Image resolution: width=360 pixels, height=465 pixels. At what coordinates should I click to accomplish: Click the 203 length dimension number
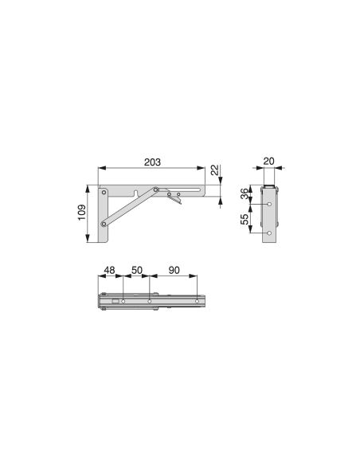[x=152, y=162]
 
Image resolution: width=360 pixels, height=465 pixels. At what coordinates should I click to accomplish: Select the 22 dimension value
[x=214, y=171]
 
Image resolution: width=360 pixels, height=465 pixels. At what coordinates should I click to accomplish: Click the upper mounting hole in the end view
[x=269, y=204]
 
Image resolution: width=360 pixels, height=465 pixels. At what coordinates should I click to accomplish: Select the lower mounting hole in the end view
[x=269, y=233]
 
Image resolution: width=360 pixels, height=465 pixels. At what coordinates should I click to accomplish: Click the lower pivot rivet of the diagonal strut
[x=105, y=225]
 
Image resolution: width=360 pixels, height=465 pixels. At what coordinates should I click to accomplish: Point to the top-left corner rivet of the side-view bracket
[x=105, y=192]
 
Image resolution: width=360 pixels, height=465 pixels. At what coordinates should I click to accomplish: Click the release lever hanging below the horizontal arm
[x=176, y=201]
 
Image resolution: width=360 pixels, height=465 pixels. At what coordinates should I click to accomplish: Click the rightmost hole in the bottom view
[x=197, y=301]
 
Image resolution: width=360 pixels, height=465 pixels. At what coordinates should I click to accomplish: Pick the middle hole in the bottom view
[x=149, y=301]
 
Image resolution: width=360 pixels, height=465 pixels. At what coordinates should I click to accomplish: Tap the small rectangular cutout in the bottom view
[x=115, y=301]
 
